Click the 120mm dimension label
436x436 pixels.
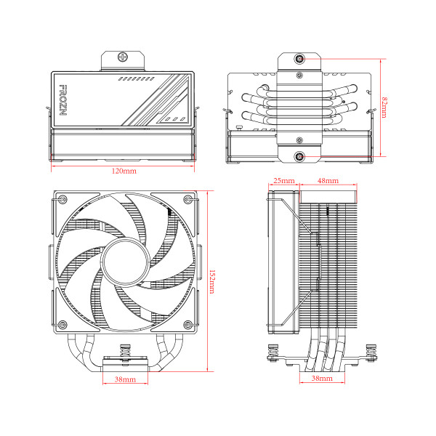point(124,171)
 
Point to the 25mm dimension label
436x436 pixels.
point(283,180)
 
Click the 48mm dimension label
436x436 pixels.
point(328,180)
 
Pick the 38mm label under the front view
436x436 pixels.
point(124,379)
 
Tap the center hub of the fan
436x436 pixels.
point(124,262)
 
